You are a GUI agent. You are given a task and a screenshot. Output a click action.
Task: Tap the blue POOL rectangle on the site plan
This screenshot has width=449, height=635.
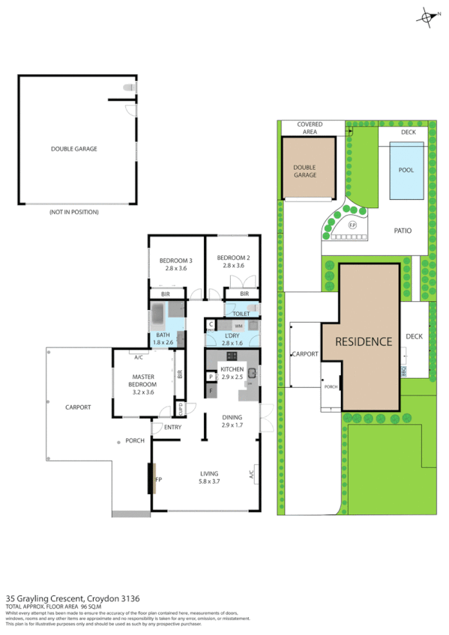[x=406, y=171]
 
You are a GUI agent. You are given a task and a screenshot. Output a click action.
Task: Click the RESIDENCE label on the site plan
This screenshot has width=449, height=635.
[x=364, y=341]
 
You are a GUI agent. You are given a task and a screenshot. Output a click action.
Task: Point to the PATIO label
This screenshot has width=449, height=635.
[x=403, y=231]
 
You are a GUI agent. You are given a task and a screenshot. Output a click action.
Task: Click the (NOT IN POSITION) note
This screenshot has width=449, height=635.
[x=74, y=212]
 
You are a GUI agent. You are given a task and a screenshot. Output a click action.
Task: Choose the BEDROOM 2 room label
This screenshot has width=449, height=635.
[x=233, y=261]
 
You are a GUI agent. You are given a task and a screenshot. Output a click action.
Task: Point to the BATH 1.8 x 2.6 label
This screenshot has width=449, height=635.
[x=163, y=338]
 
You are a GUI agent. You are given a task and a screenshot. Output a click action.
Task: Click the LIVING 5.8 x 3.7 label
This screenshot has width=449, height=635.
[x=209, y=477]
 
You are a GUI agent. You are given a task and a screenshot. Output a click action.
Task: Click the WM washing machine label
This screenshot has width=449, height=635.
[x=238, y=326]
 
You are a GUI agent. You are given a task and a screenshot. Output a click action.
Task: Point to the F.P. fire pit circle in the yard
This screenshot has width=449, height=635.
[x=352, y=225]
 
